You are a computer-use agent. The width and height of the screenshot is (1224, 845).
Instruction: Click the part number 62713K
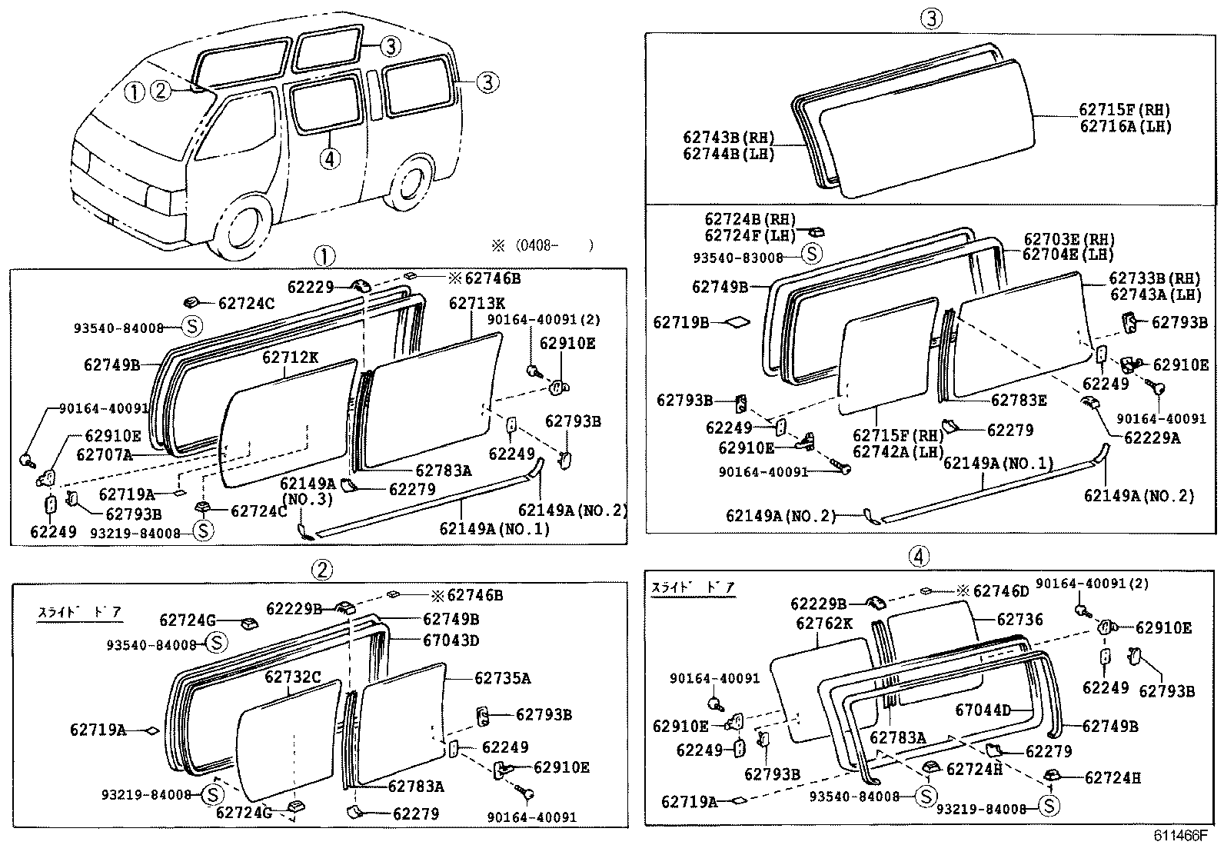(x=477, y=303)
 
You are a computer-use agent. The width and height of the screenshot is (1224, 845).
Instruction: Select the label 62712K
(x=290, y=358)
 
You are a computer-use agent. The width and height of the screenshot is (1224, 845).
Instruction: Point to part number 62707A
(x=105, y=454)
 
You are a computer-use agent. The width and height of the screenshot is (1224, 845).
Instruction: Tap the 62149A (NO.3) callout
(x=307, y=491)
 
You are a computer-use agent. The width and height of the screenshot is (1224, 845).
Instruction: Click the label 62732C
(x=292, y=677)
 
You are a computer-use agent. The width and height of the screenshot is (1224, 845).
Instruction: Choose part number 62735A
(x=502, y=678)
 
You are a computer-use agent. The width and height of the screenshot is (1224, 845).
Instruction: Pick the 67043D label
(x=451, y=640)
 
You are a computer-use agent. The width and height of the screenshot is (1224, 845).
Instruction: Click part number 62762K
(x=824, y=623)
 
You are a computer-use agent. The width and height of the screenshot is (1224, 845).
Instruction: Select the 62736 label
(x=1019, y=619)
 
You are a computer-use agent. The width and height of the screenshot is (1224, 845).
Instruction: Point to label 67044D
(x=983, y=710)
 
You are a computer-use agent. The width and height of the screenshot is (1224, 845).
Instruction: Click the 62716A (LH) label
(x=1126, y=126)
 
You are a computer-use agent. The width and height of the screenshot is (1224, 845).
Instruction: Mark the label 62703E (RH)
(x=1069, y=239)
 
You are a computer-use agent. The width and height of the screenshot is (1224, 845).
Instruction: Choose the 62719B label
(x=681, y=322)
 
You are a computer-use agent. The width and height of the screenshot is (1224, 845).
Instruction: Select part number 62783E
(x=1019, y=401)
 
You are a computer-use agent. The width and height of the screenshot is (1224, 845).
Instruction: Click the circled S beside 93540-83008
(x=811, y=254)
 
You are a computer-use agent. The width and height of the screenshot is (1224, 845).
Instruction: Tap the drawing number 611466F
(x=1179, y=835)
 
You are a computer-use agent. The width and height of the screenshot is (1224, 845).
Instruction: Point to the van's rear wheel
(x=409, y=182)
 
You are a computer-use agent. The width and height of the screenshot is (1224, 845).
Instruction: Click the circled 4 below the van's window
(x=330, y=159)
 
